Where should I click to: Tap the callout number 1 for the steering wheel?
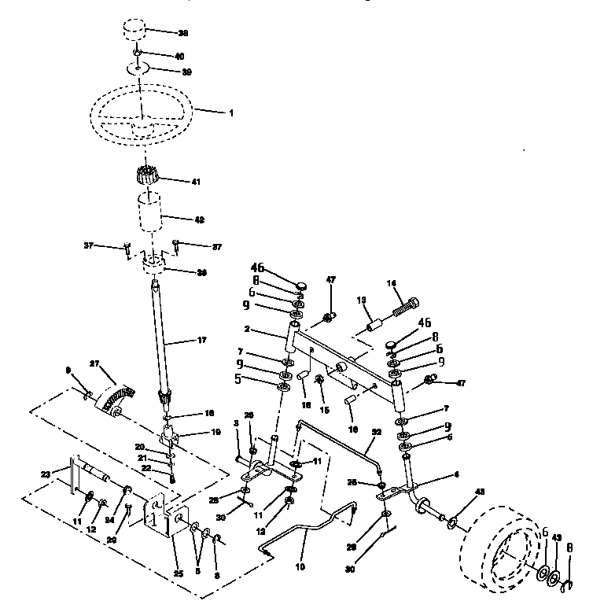point(231,113)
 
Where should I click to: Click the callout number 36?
point(201,273)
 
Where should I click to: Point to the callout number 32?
point(376,432)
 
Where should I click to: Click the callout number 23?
point(45,474)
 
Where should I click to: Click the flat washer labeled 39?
point(139,70)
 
